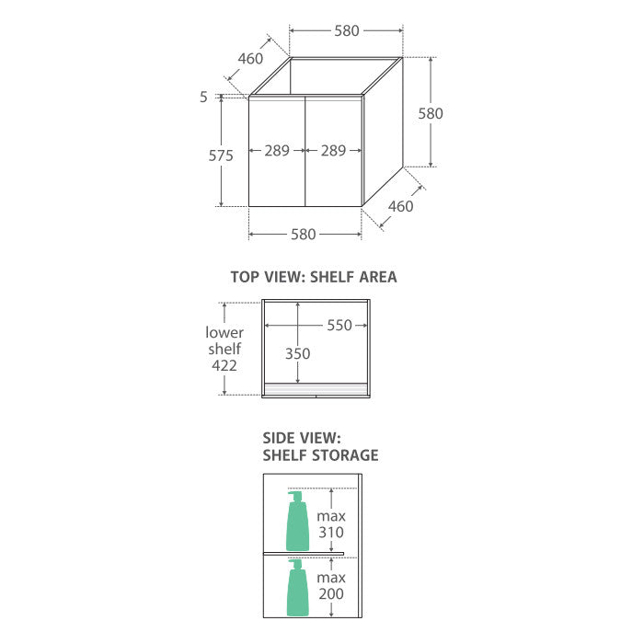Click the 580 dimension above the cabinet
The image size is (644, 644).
click(347, 30)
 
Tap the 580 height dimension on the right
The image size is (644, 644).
click(431, 113)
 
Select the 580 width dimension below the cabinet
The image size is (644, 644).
click(303, 234)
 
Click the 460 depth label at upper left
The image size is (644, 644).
click(250, 59)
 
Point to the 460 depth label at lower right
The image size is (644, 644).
click(400, 206)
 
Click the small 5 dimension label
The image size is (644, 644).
click(203, 97)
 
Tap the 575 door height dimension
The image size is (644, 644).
click(221, 155)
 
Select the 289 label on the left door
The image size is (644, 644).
click(277, 151)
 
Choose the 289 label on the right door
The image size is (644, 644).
click(333, 151)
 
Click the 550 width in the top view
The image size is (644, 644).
click(339, 326)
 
